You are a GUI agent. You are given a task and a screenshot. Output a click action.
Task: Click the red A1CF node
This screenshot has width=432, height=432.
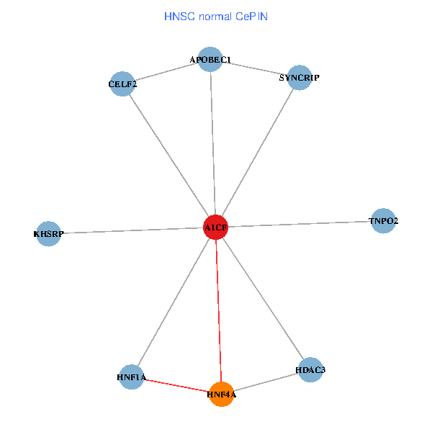coord(216,228)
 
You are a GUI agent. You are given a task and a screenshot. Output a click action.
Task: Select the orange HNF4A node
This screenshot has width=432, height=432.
coord(222,394)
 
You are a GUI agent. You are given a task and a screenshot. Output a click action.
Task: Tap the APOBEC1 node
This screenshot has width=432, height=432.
coord(210,60)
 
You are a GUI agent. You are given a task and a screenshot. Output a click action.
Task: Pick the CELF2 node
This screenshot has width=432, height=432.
coord(122,84)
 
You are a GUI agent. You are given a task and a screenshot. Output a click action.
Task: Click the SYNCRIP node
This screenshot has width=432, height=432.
coord(299,77)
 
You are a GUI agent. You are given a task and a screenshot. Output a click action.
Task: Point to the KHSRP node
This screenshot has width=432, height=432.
coord(48,233)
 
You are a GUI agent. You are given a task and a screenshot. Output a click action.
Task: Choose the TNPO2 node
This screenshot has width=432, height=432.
coord(383,221)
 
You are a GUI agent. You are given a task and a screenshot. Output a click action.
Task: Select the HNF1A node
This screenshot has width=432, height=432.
coord(132,377)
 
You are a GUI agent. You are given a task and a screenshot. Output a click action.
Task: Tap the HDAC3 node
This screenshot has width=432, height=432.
coord(310,370)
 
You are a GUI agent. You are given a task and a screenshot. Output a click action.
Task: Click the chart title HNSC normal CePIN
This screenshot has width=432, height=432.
coord(216,16)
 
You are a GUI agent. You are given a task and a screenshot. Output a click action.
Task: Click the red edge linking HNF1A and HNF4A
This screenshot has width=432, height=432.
coord(176,385)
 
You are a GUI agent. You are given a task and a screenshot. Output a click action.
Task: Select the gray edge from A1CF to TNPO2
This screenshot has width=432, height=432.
coord(300,224)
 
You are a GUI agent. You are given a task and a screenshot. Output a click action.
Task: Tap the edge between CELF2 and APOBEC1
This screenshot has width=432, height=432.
coord(166,72)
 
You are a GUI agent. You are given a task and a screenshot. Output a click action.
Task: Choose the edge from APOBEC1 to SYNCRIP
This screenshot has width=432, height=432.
coord(254,68)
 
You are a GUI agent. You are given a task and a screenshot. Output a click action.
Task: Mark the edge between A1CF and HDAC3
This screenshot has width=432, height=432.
coord(263,299)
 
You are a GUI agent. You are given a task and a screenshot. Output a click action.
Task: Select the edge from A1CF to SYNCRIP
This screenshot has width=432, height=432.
coord(257,153)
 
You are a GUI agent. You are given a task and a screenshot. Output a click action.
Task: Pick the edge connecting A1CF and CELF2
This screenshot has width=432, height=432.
coord(169,156)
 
